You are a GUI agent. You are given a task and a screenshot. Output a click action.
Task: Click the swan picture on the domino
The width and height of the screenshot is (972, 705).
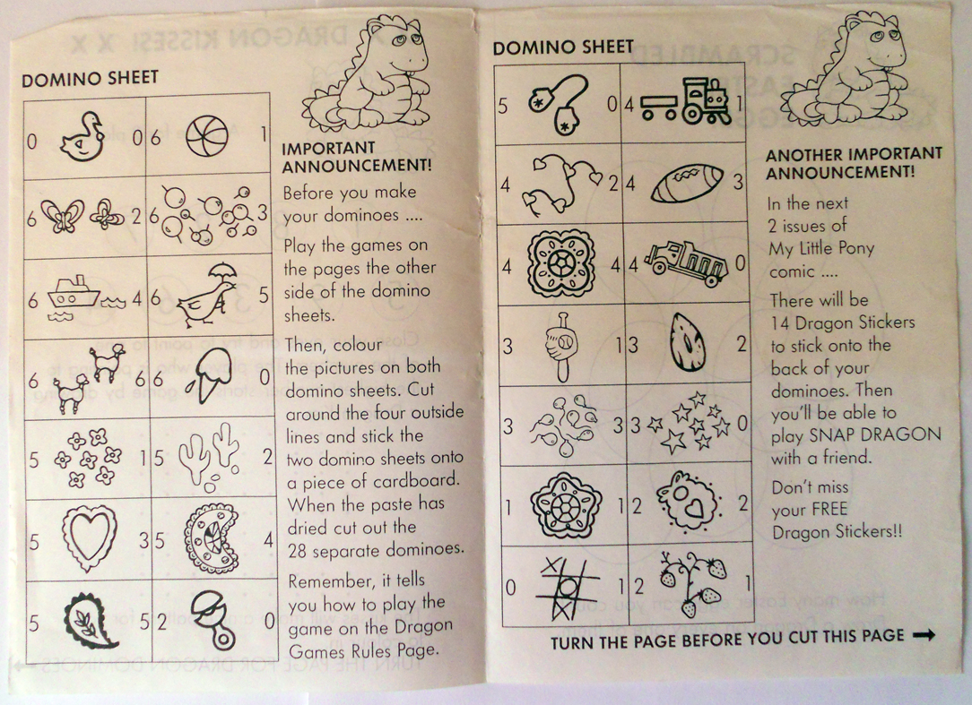82,137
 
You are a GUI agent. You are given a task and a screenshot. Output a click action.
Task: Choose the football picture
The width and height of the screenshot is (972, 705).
687,183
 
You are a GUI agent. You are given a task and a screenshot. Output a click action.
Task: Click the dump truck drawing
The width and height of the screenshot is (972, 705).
686,262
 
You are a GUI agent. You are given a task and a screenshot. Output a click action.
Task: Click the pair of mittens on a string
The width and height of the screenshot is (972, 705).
558,104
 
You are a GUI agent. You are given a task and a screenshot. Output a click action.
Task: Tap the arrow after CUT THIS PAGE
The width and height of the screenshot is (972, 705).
924,634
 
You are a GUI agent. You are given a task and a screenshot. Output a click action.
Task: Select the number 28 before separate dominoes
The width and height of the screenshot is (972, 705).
298,550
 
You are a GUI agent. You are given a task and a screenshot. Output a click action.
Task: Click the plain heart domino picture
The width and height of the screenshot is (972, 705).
90,537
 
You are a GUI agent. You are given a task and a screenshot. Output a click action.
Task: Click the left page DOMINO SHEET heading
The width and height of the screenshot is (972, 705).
91,79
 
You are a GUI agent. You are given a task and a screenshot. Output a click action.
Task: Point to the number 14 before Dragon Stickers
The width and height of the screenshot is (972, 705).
780,322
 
